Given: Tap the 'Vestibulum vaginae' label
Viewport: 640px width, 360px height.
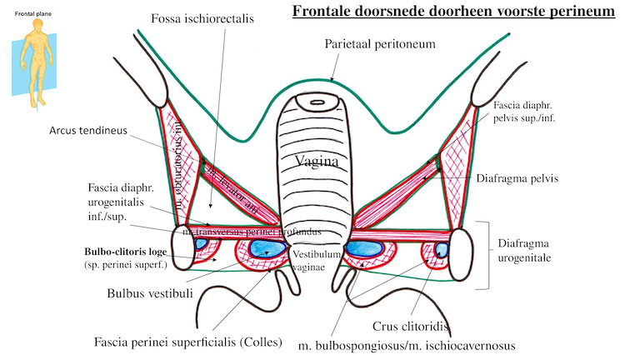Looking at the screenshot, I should click(315, 259).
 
